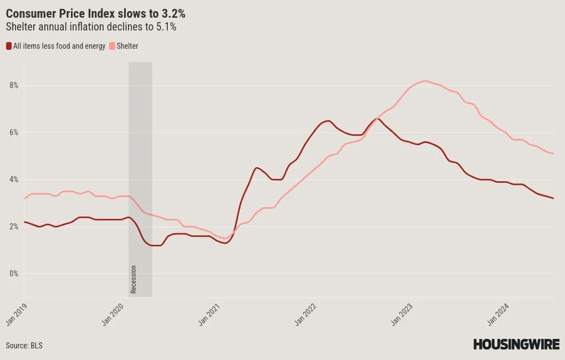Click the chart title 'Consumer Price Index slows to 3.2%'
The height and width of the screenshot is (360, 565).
(x=95, y=13)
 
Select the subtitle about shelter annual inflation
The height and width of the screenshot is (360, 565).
(x=91, y=27)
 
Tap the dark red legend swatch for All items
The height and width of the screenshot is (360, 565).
(x=9, y=46)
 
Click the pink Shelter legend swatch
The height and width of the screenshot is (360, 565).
(x=112, y=46)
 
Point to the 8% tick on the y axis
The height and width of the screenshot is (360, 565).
(x=14, y=86)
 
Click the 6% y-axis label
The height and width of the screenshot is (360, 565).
(x=14, y=132)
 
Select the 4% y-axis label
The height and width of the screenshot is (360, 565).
(x=14, y=179)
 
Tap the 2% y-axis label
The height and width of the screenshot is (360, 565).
(x=14, y=227)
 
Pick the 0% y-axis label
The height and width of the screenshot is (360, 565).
(x=14, y=274)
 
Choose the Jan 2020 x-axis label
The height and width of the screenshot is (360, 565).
(x=113, y=314)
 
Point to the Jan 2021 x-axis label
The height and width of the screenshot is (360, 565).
(x=209, y=314)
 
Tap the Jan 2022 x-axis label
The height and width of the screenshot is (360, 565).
(x=306, y=314)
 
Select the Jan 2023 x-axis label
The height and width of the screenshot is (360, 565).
(x=402, y=314)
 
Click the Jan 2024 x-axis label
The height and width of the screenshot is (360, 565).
(x=498, y=314)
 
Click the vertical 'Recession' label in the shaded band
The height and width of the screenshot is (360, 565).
(x=133, y=279)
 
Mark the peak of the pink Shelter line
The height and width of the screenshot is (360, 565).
(x=425, y=81)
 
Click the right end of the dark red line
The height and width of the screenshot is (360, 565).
(x=553, y=198)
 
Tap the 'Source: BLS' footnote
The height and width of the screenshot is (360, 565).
(x=24, y=345)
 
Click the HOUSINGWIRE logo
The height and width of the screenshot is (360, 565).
(x=516, y=344)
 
